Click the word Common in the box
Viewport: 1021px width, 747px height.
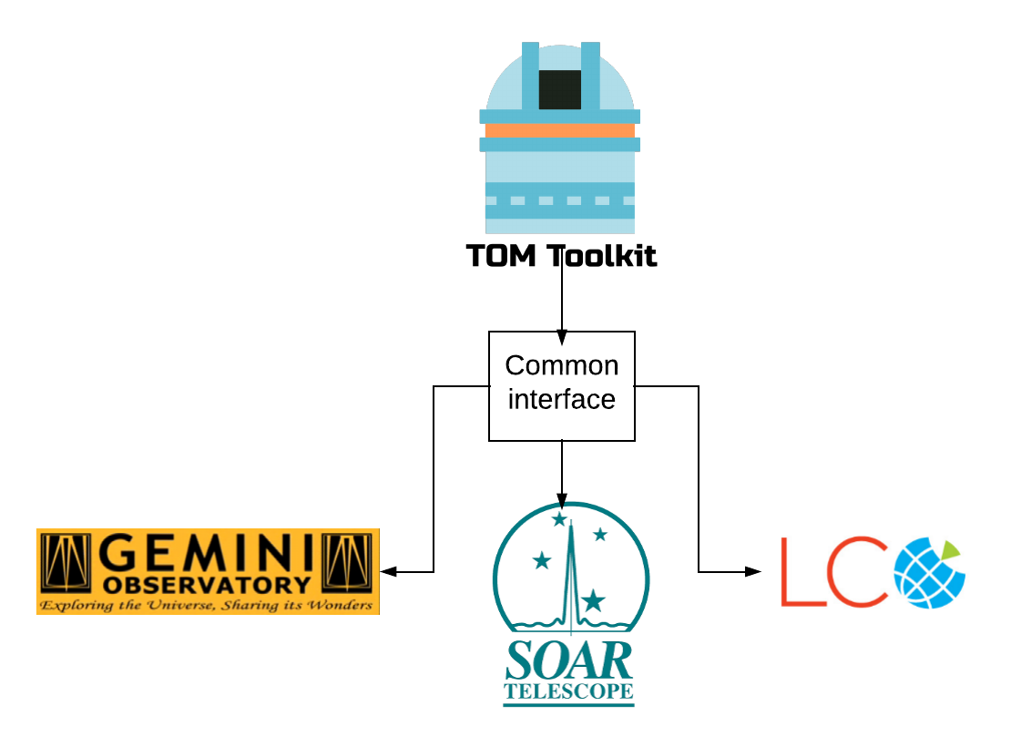[562, 365]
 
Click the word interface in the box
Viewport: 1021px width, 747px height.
[561, 399]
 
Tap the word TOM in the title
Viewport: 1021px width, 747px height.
[501, 255]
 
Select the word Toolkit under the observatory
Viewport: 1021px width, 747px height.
[602, 255]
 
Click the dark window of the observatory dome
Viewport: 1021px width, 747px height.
[560, 90]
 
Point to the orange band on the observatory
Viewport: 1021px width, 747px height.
[560, 131]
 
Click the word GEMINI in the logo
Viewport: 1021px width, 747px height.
[207, 553]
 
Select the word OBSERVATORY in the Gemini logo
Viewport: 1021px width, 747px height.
[207, 585]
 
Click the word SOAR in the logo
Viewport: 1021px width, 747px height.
[568, 660]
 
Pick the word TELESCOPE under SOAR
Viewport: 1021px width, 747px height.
[568, 691]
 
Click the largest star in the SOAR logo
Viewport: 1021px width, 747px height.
[593, 599]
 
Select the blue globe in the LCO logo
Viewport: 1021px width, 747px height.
[929, 573]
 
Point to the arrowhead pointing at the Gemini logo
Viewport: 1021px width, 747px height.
[388, 572]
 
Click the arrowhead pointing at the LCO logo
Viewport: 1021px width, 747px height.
[752, 572]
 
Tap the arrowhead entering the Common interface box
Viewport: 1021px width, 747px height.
[562, 337]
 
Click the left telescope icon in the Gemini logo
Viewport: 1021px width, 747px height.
[66, 563]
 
